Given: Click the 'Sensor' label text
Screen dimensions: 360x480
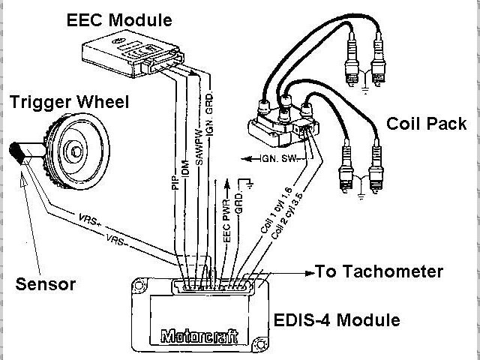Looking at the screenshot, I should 46,283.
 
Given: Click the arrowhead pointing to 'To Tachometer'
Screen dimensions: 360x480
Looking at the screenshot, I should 308,271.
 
